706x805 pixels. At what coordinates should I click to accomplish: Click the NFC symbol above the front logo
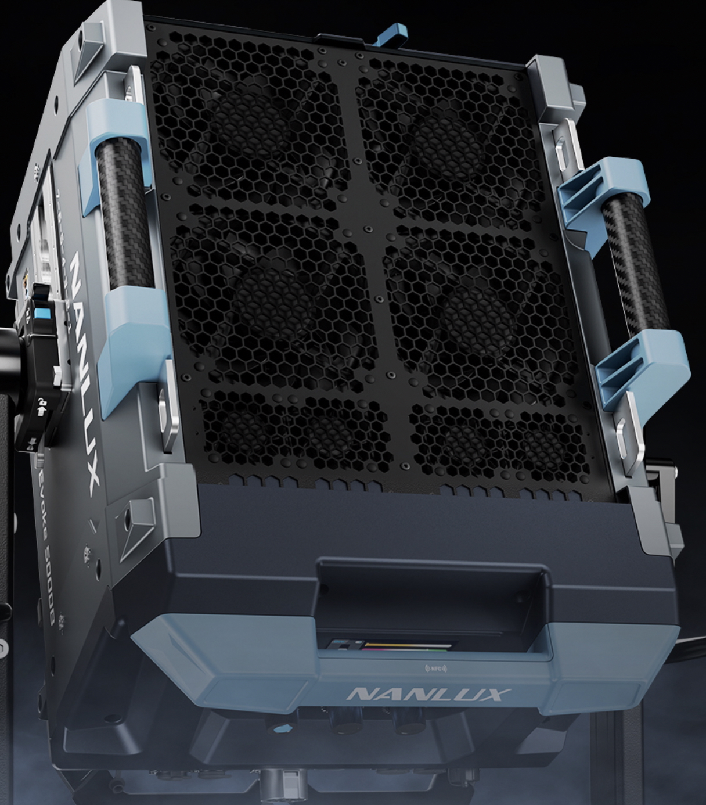(x=436, y=669)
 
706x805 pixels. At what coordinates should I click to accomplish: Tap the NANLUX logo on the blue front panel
(x=429, y=694)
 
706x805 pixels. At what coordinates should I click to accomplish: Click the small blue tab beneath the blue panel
(x=283, y=728)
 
